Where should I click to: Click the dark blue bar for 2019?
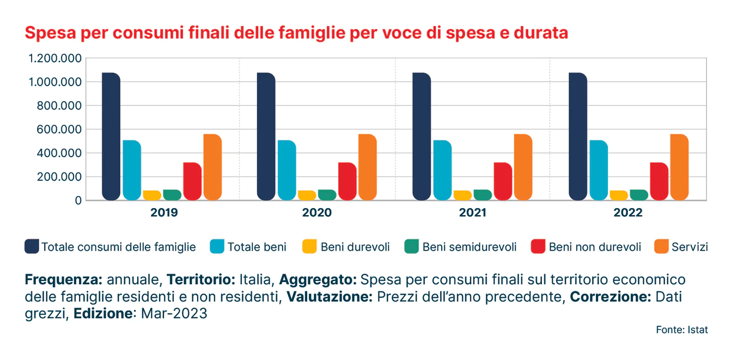point(111,136)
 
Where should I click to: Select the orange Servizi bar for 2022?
point(679,167)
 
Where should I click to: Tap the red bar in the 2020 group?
point(347,181)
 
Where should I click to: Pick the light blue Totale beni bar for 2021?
point(442,170)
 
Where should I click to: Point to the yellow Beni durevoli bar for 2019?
point(152,196)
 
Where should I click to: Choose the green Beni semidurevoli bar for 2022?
point(639,195)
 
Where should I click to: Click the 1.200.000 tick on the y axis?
point(56,59)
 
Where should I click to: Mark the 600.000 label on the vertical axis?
point(59,130)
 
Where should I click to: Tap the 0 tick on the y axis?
point(78,200)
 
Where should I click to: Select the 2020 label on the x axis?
point(316,213)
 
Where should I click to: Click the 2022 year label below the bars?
point(628,213)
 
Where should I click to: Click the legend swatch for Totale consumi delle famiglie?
point(32,247)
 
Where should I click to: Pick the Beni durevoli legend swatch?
point(309,247)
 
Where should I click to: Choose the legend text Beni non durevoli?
point(595,247)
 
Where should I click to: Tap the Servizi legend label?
point(690,247)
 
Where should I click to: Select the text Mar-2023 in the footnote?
point(174,314)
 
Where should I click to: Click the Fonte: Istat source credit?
point(682,330)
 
